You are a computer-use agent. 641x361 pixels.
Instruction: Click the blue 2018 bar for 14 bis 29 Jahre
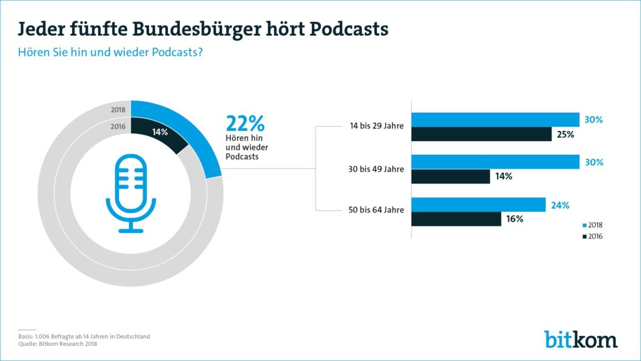pyautogui.click(x=495, y=120)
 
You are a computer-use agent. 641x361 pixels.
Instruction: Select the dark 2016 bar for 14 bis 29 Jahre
pyautogui.click(x=481, y=134)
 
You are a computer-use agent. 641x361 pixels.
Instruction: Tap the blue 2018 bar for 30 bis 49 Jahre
pyautogui.click(x=495, y=162)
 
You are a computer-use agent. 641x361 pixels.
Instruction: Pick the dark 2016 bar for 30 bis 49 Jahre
pyautogui.click(x=450, y=177)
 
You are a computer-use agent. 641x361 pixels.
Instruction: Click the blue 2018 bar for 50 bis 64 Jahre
pyautogui.click(x=478, y=205)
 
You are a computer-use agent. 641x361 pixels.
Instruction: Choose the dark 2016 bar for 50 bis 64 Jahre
pyautogui.click(x=456, y=219)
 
